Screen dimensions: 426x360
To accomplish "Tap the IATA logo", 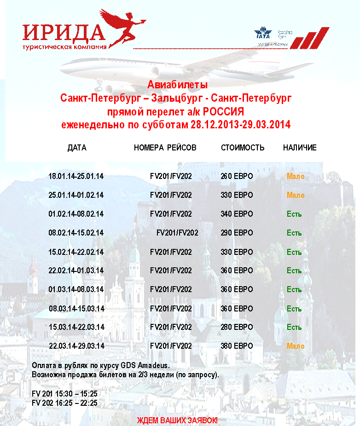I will pyautogui.click(x=263, y=34).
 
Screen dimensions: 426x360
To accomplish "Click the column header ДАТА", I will pyautogui.click(x=77, y=148).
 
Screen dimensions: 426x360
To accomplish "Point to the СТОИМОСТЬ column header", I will pyautogui.click(x=243, y=148).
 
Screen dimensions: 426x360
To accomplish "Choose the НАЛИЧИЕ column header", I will pyautogui.click(x=300, y=148).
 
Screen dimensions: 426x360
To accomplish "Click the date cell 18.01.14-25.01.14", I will pyautogui.click(x=76, y=176).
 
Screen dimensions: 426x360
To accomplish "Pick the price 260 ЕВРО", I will pyautogui.click(x=237, y=176).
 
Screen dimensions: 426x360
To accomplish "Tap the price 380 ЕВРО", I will pyautogui.click(x=237, y=346).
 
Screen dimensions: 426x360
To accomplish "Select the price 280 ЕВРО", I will pyautogui.click(x=237, y=327).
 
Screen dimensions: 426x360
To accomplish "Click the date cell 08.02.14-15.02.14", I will pyautogui.click(x=76, y=233).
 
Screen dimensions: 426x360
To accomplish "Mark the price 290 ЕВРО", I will pyautogui.click(x=237, y=233).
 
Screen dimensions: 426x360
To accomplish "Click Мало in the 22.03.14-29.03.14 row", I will pyautogui.click(x=296, y=346).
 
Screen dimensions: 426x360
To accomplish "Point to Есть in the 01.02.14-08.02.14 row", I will pyautogui.click(x=294, y=214).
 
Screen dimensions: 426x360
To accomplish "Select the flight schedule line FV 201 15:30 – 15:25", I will pyautogui.click(x=64, y=395).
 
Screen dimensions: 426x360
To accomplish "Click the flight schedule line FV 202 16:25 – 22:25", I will pyautogui.click(x=64, y=403).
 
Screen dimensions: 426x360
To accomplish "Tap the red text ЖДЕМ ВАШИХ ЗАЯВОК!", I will pyautogui.click(x=177, y=420).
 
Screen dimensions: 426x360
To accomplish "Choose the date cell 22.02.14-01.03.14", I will pyautogui.click(x=76, y=271).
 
